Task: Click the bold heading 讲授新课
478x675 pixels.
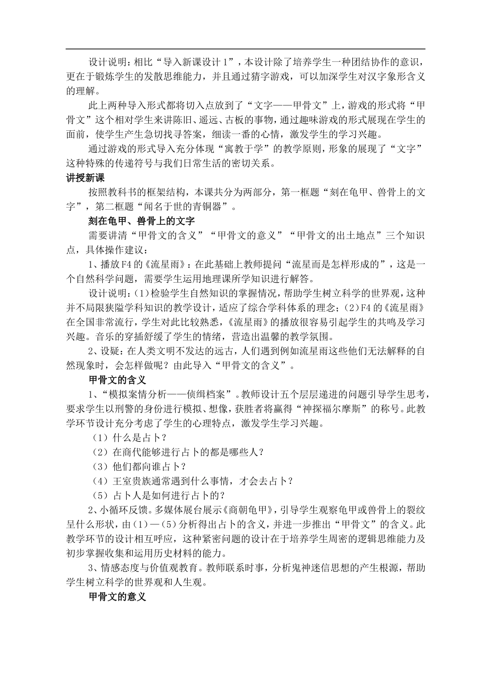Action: pos(86,178)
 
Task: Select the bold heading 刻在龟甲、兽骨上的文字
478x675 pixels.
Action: pos(141,221)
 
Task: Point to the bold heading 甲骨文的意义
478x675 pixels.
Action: pos(117,597)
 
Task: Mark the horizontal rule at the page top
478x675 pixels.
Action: pos(246,49)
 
